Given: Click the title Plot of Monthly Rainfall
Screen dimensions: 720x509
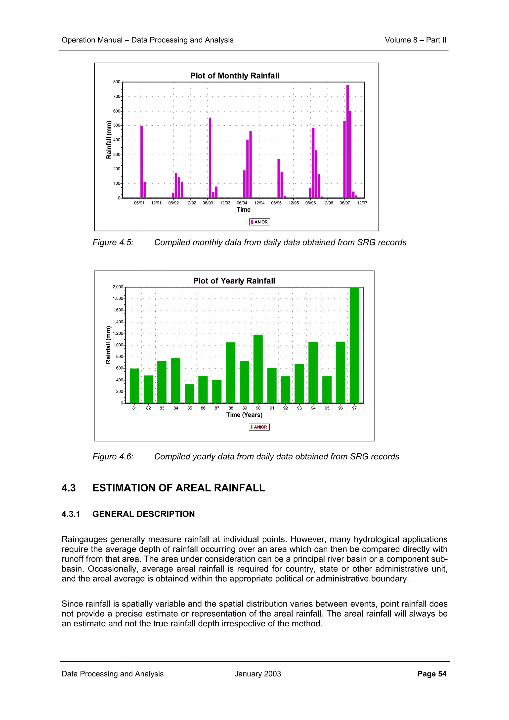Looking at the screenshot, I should (234, 76).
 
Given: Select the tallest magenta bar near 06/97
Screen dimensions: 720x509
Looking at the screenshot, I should (347, 141).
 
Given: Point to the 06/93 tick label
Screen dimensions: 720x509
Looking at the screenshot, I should (208, 203).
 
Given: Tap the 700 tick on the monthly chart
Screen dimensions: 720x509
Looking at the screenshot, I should (117, 97).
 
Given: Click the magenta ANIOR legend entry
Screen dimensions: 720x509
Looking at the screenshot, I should (260, 222).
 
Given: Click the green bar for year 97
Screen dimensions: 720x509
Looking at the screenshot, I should (354, 345).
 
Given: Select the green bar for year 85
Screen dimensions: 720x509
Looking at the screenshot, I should (189, 394).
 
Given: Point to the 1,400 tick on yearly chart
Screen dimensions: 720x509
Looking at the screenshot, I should (118, 322).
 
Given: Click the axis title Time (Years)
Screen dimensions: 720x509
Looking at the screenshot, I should (244, 415).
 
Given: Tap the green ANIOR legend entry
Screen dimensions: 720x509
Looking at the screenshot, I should (259, 427).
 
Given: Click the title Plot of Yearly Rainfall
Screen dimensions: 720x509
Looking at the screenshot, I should (234, 281).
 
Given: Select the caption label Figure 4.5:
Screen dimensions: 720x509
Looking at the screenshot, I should (113, 242).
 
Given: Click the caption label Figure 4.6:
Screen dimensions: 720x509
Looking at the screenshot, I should (113, 457).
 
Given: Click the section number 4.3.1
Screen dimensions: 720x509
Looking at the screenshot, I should (71, 514).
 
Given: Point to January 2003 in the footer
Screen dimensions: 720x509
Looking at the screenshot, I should (257, 674).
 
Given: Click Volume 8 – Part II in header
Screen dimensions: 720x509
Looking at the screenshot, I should (415, 40).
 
